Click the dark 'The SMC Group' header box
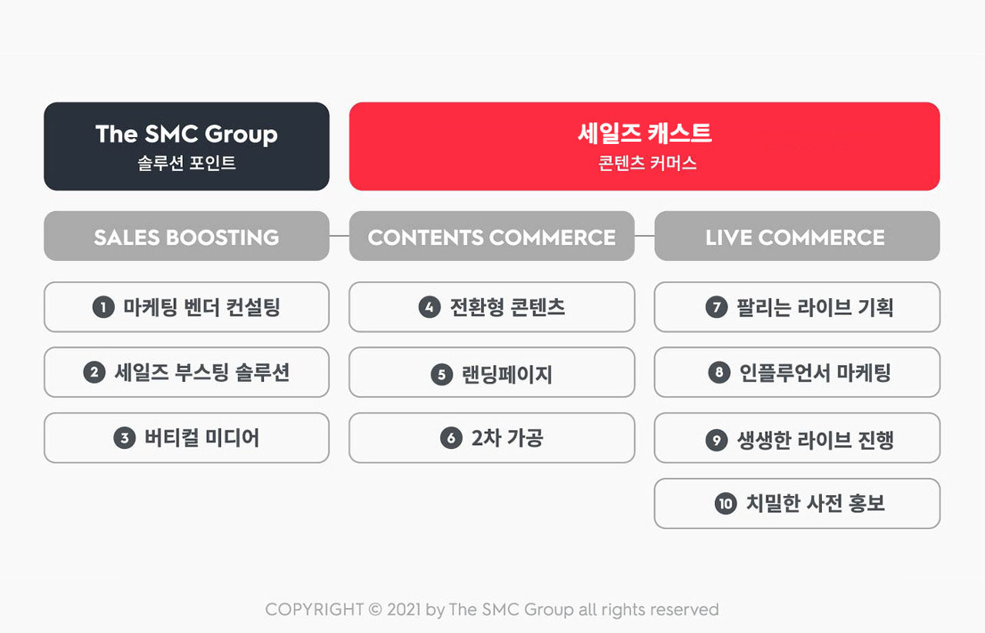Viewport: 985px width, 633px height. pyautogui.click(x=186, y=146)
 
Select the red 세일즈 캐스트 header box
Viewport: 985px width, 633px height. pyautogui.click(x=644, y=146)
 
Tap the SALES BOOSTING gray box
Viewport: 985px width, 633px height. pyautogui.click(x=186, y=236)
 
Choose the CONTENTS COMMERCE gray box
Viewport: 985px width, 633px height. pyautogui.click(x=492, y=236)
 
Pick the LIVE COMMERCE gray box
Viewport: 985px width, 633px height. pyautogui.click(x=796, y=236)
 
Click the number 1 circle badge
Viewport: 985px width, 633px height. pyautogui.click(x=103, y=306)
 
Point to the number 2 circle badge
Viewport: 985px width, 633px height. pyautogui.click(x=94, y=373)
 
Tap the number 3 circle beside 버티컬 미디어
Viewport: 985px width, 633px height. pyautogui.click(x=125, y=438)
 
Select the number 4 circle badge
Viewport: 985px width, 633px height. pyautogui.click(x=429, y=306)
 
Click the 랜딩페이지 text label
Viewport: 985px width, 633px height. pyautogui.click(x=507, y=374)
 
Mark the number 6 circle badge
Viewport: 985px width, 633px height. pyautogui.click(x=451, y=438)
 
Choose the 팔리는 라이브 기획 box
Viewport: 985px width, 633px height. pyautogui.click(x=796, y=306)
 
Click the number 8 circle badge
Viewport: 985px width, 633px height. pyautogui.click(x=720, y=373)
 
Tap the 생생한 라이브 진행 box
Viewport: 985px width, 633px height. pyautogui.click(x=796, y=438)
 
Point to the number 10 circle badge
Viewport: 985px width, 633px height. pyautogui.click(x=726, y=504)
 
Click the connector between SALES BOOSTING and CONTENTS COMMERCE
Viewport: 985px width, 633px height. pyautogui.click(x=339, y=236)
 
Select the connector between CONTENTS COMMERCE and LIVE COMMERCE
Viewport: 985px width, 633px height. pyautogui.click(x=644, y=236)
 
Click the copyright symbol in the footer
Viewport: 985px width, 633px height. pyautogui.click(x=375, y=610)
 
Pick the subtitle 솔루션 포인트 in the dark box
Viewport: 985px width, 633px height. pyautogui.click(x=186, y=163)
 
